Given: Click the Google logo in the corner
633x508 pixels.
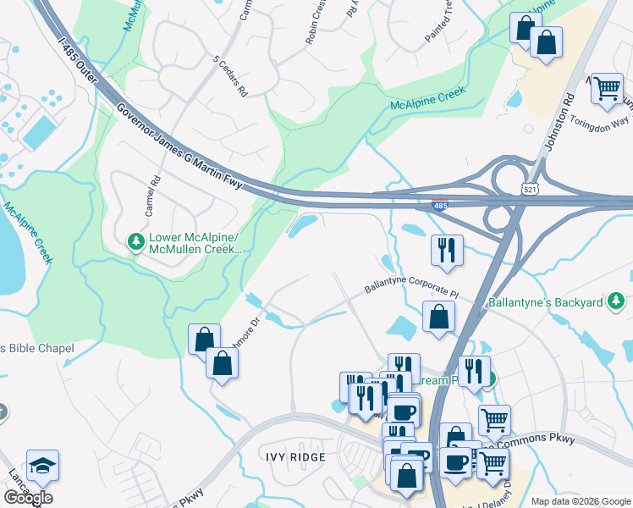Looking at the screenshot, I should point(28,498).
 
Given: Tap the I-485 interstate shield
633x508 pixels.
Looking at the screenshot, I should point(440,203).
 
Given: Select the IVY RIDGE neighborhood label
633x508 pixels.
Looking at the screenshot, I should point(294,457).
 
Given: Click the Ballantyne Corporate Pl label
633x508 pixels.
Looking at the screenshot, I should point(411,290).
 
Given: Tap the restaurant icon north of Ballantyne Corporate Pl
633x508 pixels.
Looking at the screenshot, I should point(447,250).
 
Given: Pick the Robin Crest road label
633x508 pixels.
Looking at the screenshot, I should point(316,21).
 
